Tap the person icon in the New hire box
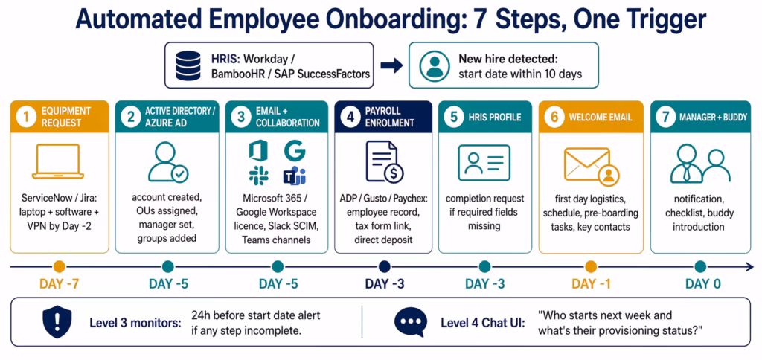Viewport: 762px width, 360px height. point(435,66)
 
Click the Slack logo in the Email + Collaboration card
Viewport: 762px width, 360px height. point(259,176)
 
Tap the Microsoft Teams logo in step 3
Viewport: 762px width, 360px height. point(294,176)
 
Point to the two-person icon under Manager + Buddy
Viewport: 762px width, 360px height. point(699,164)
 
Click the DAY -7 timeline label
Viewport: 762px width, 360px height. point(59,283)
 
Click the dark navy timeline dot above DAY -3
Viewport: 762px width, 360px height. point(384,266)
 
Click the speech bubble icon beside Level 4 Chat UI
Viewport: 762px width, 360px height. point(410,321)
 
